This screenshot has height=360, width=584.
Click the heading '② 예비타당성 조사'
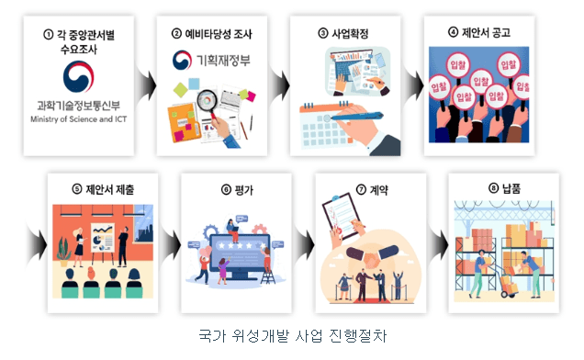212,35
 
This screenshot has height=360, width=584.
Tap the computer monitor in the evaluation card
233,253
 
